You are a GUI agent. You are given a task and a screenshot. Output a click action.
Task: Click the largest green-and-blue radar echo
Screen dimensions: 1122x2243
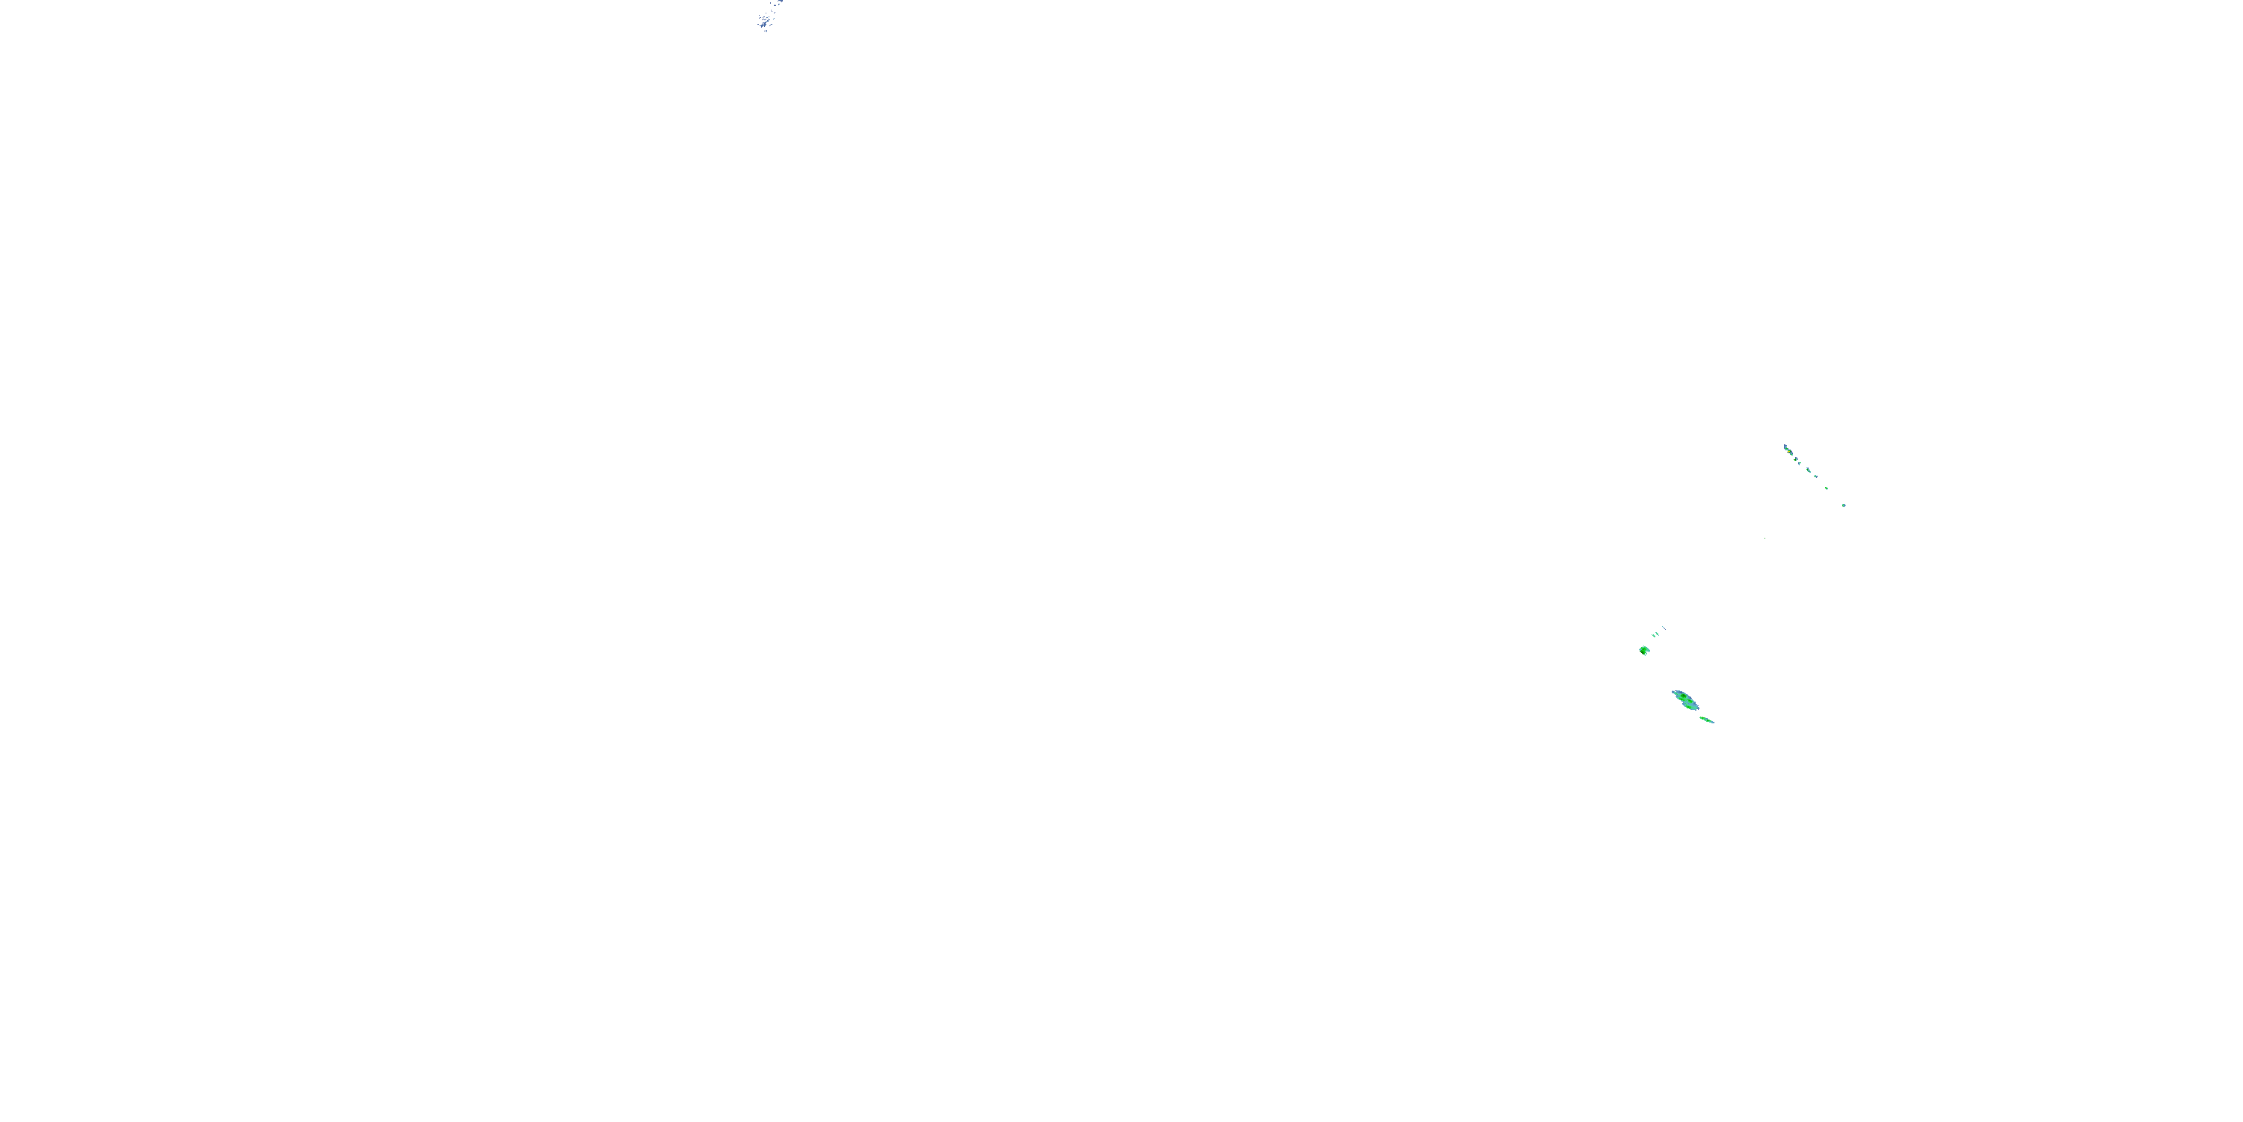pos(1687,700)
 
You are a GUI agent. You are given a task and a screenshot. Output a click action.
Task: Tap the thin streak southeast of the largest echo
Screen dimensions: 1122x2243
pos(1707,720)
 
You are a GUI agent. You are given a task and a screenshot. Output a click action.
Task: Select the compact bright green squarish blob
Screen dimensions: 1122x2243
pos(1644,650)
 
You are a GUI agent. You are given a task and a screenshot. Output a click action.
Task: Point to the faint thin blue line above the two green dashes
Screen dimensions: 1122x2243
pos(1664,628)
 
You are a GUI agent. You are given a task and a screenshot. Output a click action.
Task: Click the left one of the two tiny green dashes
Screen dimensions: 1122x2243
pos(1654,636)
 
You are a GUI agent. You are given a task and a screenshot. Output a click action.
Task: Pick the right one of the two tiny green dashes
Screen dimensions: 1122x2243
pos(1657,634)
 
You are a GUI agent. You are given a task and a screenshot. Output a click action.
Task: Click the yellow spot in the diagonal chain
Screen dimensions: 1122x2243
pos(1788,451)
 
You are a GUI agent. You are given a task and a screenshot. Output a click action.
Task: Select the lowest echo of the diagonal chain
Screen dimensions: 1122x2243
pos(1844,505)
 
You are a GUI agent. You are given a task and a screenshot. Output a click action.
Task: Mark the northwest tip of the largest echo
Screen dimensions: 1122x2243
pos(1673,692)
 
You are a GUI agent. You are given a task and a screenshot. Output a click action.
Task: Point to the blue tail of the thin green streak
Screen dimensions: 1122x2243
pos(1713,722)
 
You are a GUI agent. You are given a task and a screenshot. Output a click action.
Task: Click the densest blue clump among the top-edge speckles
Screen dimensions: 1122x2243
pos(765,25)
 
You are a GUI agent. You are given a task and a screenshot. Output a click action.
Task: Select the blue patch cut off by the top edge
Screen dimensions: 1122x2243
pos(781,1)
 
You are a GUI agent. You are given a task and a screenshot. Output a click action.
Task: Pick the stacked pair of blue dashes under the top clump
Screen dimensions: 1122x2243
pos(767,31)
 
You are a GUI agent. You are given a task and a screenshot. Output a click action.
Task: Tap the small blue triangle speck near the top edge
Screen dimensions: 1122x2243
pos(775,5)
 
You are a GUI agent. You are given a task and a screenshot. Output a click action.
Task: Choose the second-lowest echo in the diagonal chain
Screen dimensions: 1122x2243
pos(1827,488)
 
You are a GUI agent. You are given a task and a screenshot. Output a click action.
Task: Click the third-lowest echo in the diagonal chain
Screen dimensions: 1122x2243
pos(1816,476)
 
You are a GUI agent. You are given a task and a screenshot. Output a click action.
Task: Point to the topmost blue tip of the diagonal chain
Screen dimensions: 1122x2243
pos(1785,446)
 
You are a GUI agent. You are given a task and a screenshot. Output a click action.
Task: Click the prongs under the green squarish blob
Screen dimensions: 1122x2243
pos(1646,654)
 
